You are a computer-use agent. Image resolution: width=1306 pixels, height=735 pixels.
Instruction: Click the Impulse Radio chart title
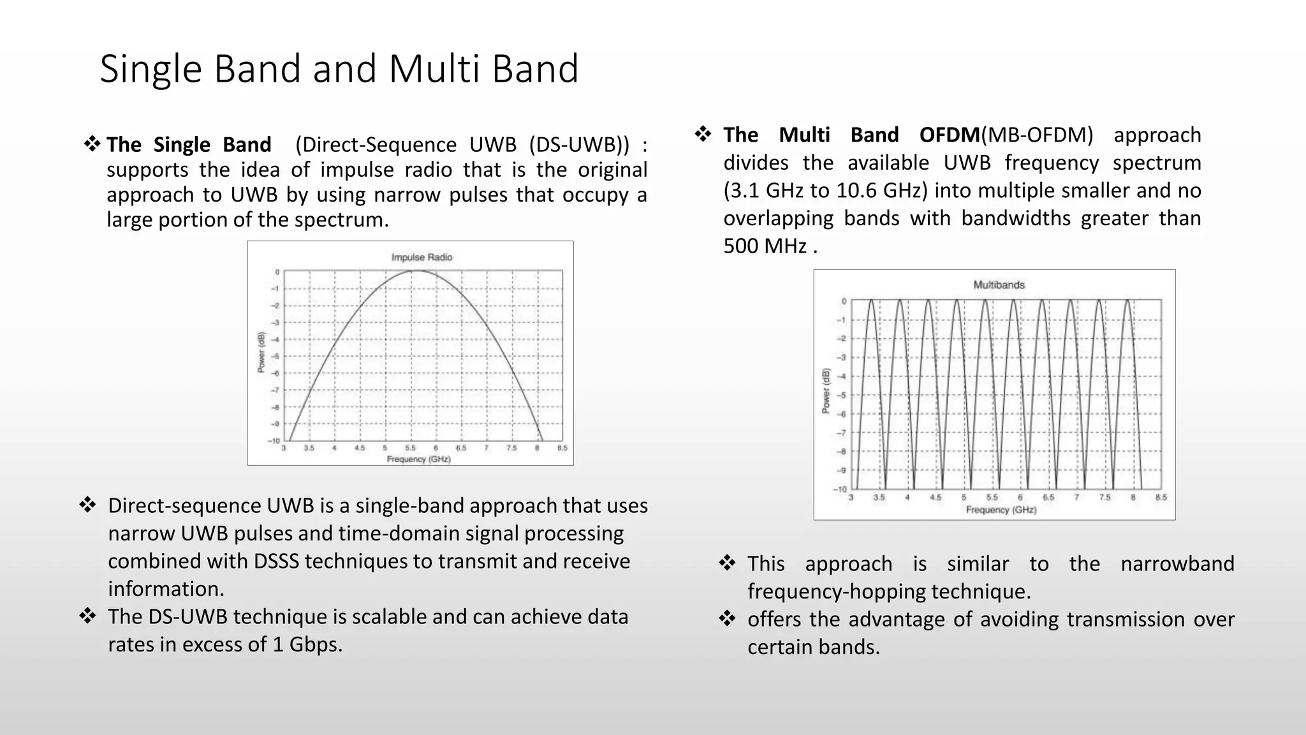422,257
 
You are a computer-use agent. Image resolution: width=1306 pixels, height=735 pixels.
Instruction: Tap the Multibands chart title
999,285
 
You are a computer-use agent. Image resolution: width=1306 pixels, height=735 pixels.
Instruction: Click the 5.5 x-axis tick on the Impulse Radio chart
410,448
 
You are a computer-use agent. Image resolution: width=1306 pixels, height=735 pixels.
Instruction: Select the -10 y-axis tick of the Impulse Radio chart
274,441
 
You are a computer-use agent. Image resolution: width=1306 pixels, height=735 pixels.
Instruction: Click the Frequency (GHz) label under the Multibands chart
1001,510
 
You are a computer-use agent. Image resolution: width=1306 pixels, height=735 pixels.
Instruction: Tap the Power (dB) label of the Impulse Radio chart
261,352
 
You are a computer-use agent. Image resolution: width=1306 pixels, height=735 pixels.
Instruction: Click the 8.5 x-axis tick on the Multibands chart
1161,498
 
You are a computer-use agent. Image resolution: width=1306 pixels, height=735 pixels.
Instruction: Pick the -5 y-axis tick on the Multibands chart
842,395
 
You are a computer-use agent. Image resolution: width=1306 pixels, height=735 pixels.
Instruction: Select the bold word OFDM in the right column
949,135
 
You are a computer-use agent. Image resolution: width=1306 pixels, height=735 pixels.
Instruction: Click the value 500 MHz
765,246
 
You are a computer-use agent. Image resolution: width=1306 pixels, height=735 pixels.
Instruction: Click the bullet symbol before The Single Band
92,144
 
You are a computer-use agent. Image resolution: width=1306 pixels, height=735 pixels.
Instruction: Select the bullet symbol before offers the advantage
727,619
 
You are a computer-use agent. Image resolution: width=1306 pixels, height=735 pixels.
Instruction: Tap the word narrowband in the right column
1177,564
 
